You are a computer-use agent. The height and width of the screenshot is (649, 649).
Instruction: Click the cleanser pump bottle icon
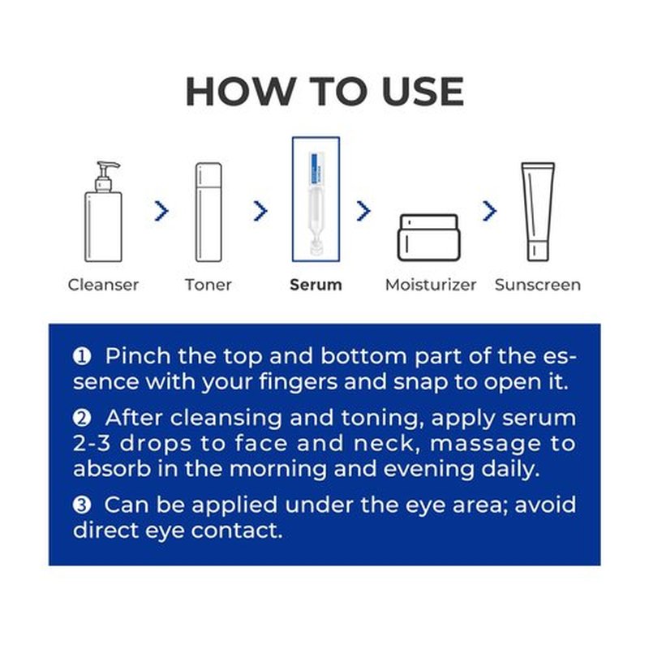click(103, 212)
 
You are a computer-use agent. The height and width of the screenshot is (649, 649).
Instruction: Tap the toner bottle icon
click(208, 213)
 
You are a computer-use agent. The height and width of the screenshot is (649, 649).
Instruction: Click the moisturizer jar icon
click(429, 238)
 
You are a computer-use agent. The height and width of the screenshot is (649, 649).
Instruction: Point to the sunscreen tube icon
click(538, 212)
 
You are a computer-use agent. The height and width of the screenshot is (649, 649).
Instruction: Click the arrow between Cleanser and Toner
click(161, 211)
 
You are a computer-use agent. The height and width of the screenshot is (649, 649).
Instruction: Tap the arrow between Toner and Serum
click(260, 211)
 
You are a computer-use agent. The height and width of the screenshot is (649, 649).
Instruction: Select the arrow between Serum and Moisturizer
click(363, 211)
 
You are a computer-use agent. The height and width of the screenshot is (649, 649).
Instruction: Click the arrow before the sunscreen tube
click(490, 211)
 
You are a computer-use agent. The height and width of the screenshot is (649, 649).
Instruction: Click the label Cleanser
click(103, 285)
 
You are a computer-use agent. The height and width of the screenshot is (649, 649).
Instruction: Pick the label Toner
click(208, 285)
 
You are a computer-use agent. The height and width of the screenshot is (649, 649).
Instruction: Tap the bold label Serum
click(316, 285)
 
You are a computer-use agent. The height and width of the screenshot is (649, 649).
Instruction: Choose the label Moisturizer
click(431, 285)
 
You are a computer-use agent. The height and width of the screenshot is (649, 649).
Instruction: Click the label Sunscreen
click(538, 285)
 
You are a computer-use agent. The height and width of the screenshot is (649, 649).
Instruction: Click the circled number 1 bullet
click(82, 356)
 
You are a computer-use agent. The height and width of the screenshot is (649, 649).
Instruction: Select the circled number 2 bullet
click(82, 418)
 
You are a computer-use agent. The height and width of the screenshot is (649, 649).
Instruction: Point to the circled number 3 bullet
click(82, 505)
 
